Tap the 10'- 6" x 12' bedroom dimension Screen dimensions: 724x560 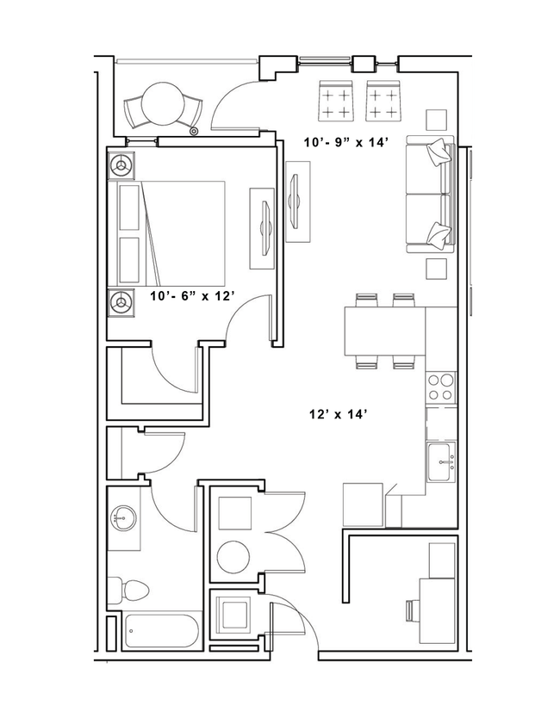pos(193,295)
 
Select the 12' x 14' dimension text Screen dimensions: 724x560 pos(339,414)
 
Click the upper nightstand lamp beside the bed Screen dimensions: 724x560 pos(121,163)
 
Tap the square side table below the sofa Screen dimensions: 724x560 pos(438,269)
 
